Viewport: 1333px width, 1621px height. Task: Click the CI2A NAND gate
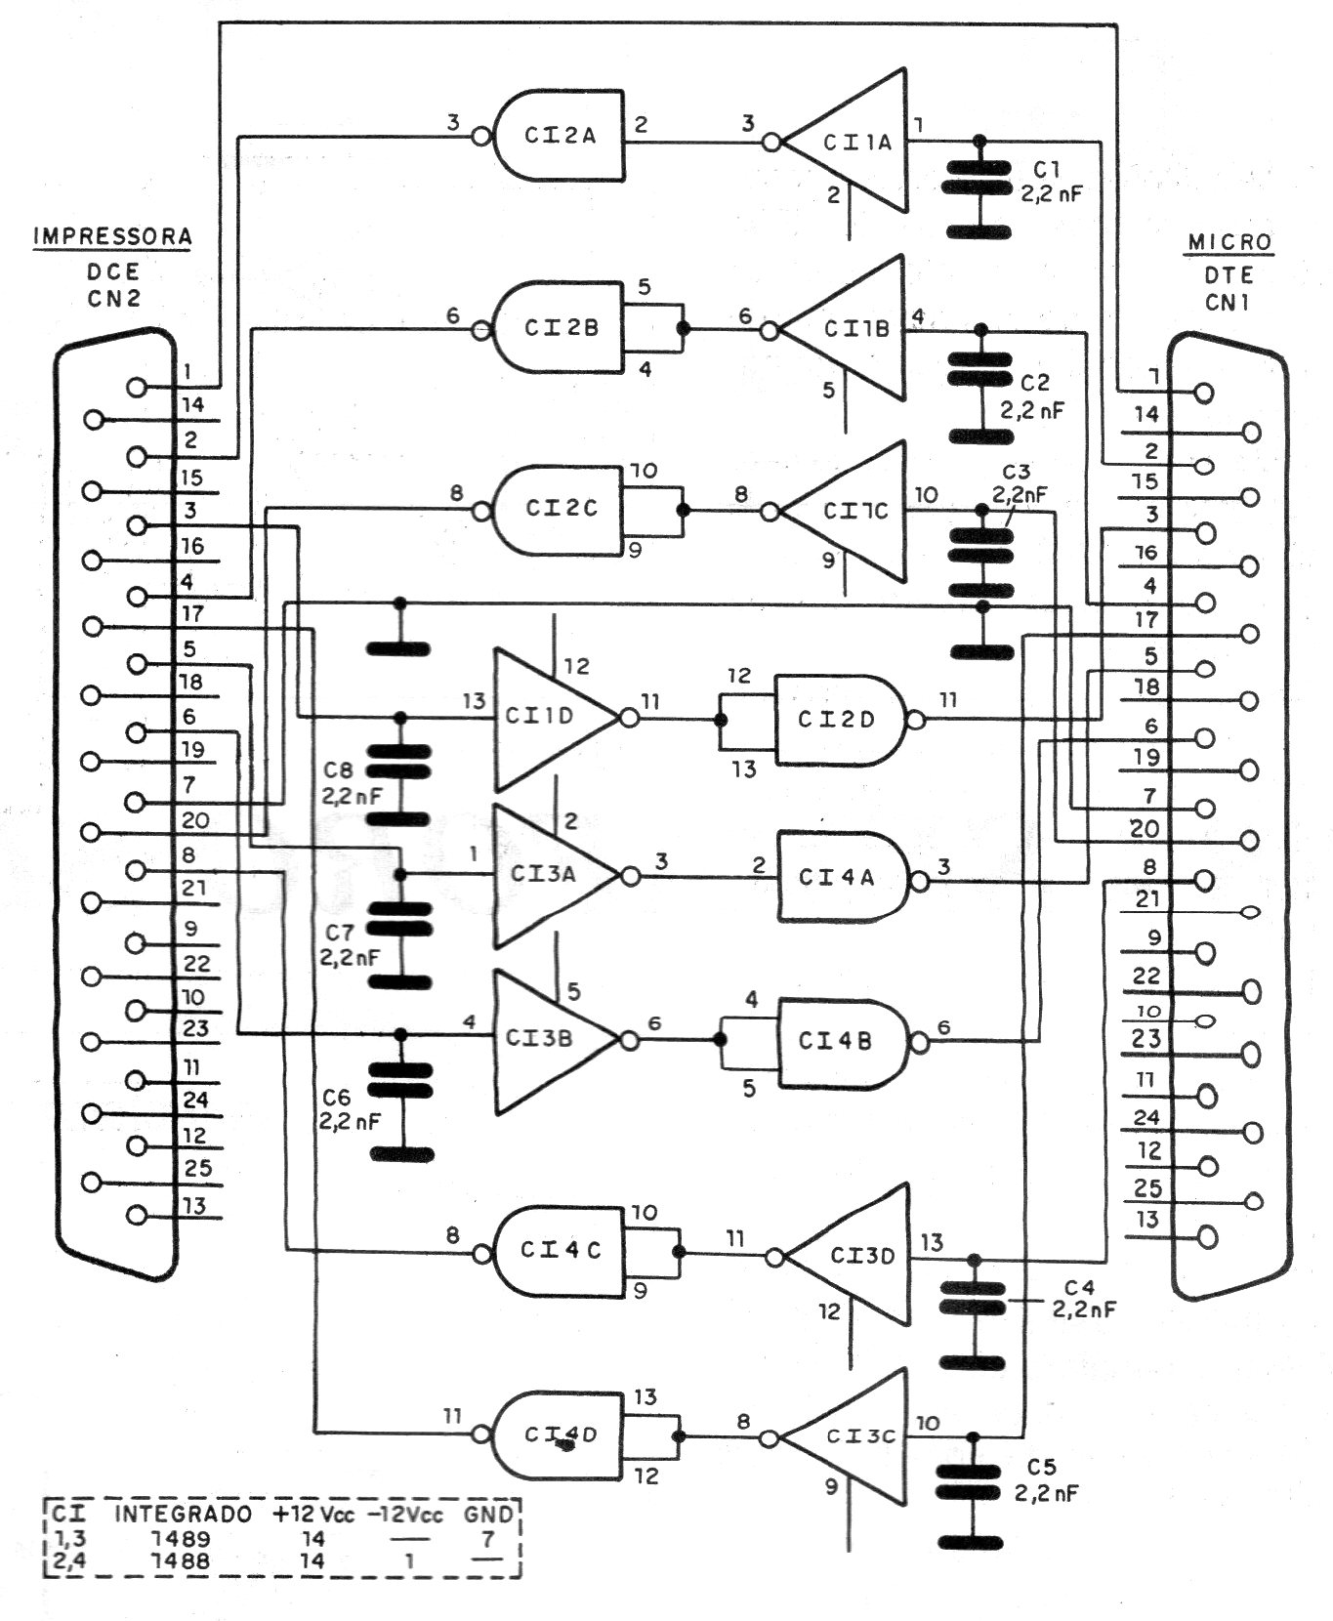561,136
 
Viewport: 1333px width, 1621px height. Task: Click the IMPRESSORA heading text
112,236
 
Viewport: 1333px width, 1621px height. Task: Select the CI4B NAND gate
838,1041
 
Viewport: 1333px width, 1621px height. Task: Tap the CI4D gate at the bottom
561,1434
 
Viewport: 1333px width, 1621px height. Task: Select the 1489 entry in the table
183,1538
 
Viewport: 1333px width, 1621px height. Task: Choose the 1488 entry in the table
183,1560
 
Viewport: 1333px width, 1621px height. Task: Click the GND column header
487,1515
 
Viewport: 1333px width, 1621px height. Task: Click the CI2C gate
561,509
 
